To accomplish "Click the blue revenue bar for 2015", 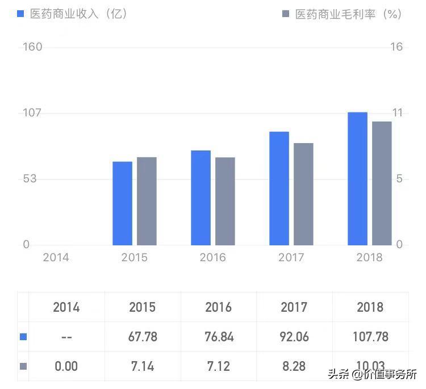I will [122, 203].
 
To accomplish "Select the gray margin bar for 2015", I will [147, 201].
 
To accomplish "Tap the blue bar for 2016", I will [201, 198].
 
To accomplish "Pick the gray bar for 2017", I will [303, 194].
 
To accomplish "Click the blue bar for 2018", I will [357, 178].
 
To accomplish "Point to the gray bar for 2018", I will [382, 183].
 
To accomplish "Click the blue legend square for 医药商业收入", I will [20, 14].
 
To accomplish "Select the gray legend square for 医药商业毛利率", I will [286, 14].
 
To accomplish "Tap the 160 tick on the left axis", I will [32, 47].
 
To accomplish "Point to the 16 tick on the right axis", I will [396, 47].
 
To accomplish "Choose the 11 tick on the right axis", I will [396, 112].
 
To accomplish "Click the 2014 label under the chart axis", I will [56, 258].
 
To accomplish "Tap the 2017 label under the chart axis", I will [291, 258].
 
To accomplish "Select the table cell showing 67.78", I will [143, 337].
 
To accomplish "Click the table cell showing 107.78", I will [370, 337].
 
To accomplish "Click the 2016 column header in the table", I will [218, 307].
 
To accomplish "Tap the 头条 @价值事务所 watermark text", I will [372, 375].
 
